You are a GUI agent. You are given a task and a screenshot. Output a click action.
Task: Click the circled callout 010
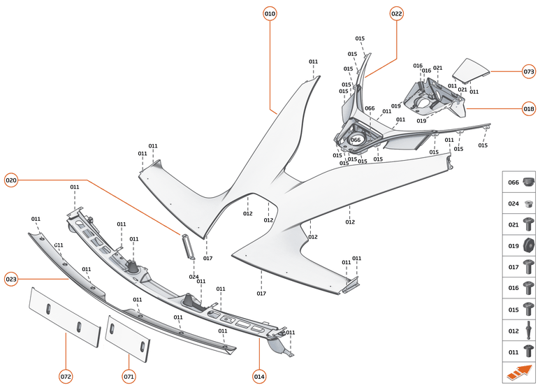270,13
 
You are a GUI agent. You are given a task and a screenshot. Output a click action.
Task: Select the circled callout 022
396,13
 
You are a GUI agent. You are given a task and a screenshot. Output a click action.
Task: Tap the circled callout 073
529,71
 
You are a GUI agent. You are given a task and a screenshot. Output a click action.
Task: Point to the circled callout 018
529,108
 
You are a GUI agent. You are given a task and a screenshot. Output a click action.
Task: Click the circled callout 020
11,180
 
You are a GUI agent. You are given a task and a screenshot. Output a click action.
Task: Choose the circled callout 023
11,279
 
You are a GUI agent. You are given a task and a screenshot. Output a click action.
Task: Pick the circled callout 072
66,377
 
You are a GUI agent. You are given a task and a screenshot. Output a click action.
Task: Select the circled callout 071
129,377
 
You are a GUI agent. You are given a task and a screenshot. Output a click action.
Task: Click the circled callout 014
259,377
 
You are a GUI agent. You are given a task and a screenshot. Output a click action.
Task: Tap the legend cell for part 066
520,182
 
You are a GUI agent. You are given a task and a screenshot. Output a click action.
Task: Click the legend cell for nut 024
520,204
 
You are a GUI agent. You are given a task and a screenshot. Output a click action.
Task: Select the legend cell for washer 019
520,245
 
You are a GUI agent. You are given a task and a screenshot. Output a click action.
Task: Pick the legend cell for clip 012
520,330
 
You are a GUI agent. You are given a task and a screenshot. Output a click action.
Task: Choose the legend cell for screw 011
520,352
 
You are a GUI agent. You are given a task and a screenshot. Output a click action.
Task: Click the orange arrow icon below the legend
520,373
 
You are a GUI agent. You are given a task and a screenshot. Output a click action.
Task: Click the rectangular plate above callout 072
64,316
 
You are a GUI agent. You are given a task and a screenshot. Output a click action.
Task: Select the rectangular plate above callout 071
129,338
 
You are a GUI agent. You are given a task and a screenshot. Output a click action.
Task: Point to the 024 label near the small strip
194,277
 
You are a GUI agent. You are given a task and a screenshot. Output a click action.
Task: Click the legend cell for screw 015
520,309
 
